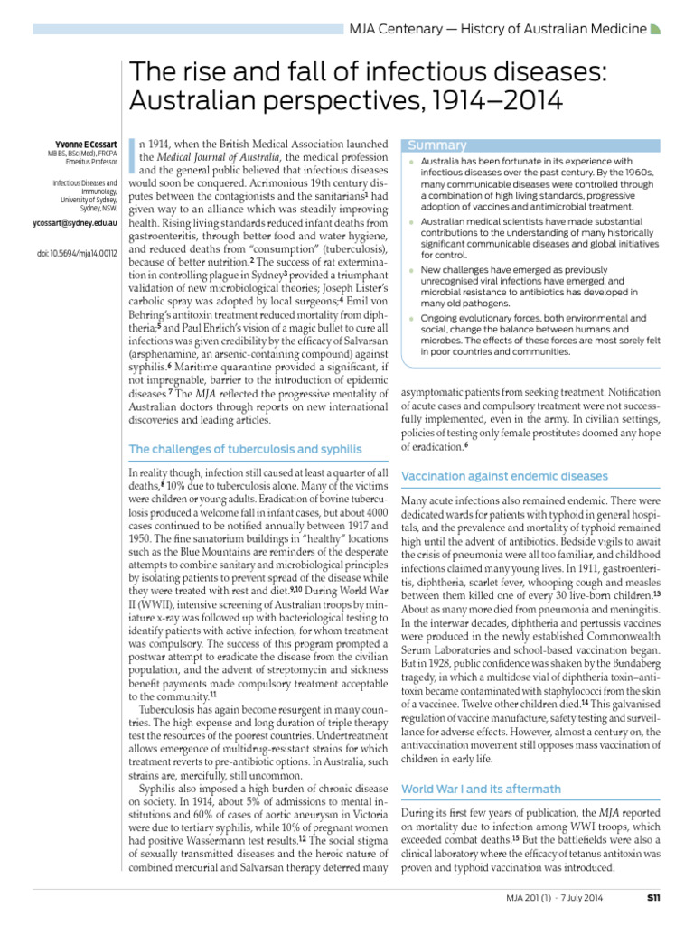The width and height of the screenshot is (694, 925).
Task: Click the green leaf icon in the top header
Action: pyautogui.click(x=657, y=30)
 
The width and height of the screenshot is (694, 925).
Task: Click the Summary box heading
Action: pyautogui.click(x=437, y=145)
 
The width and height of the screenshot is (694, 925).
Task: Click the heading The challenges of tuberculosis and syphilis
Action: pyautogui.click(x=246, y=448)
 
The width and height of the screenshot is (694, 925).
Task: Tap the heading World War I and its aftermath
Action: pyautogui.click(x=481, y=789)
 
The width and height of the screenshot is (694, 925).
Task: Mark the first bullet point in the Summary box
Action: pyautogui.click(x=410, y=161)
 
